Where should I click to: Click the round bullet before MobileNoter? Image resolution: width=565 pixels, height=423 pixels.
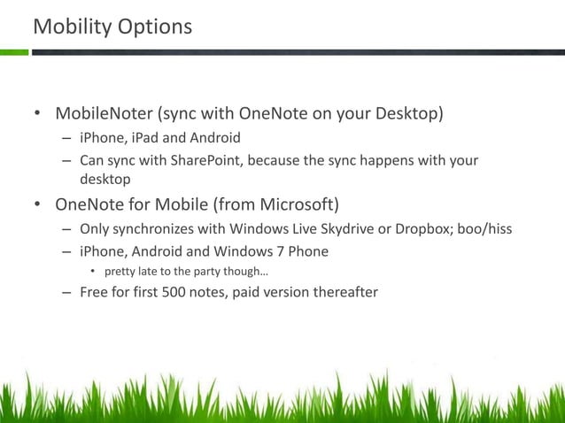click(37, 115)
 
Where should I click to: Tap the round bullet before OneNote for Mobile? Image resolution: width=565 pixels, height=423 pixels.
click(37, 206)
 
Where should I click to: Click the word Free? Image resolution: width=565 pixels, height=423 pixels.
click(94, 293)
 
